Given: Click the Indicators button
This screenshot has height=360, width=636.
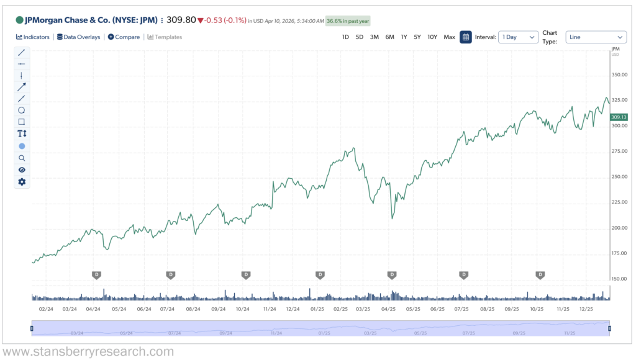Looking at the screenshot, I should pyautogui.click(x=33, y=37).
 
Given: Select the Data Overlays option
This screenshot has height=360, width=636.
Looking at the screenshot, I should pyautogui.click(x=78, y=37).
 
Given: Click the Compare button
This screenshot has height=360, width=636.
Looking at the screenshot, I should pyautogui.click(x=124, y=37).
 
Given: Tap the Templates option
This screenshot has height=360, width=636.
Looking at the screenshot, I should pyautogui.click(x=165, y=37).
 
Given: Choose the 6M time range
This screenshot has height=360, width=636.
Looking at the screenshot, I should pyautogui.click(x=389, y=37).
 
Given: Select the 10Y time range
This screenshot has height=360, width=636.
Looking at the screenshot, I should pyautogui.click(x=432, y=37).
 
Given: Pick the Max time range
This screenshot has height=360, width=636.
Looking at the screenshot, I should pyautogui.click(x=449, y=37).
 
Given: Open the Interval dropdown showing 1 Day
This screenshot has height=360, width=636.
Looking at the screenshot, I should pyautogui.click(x=518, y=37).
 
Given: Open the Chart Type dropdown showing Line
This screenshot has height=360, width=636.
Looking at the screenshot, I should pyautogui.click(x=596, y=37).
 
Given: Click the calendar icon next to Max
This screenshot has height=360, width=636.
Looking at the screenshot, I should pyautogui.click(x=466, y=37).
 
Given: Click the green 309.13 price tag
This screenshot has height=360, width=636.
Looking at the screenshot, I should pyautogui.click(x=619, y=117).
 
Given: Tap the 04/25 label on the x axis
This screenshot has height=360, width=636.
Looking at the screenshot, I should pyautogui.click(x=388, y=308).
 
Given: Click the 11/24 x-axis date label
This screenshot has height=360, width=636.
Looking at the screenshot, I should pyautogui.click(x=270, y=308).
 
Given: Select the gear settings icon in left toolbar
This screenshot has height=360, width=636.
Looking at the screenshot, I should pyautogui.click(x=22, y=182).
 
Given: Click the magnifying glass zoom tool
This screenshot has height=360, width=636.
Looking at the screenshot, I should pyautogui.click(x=22, y=158).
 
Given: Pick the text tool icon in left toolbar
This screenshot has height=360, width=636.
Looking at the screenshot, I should pyautogui.click(x=22, y=133).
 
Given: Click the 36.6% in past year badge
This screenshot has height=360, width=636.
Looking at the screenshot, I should pyautogui.click(x=348, y=21).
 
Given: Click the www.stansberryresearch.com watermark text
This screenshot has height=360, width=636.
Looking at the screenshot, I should pyautogui.click(x=88, y=352).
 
